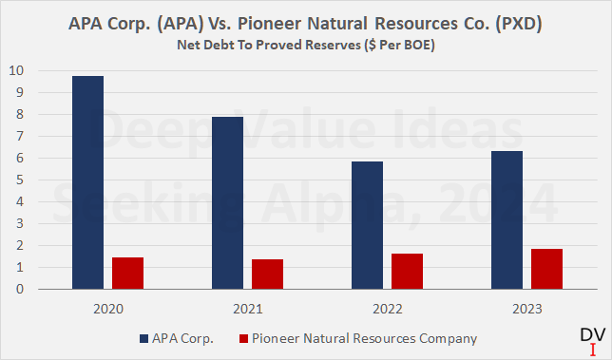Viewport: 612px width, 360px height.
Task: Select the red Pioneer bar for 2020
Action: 127,273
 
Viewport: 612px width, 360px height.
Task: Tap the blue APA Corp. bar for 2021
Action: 227,203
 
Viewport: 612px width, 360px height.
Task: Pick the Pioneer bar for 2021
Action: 267,274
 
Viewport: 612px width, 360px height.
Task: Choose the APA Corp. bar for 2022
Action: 367,225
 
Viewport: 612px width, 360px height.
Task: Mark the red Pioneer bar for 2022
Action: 407,271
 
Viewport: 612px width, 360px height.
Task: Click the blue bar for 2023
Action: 507,220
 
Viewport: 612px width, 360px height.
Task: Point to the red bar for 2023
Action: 546,269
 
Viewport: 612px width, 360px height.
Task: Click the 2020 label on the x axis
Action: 106,308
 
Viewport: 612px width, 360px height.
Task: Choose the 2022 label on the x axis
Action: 386,308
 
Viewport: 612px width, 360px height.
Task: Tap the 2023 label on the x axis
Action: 526,308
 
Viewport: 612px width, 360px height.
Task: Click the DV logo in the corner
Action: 591,340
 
